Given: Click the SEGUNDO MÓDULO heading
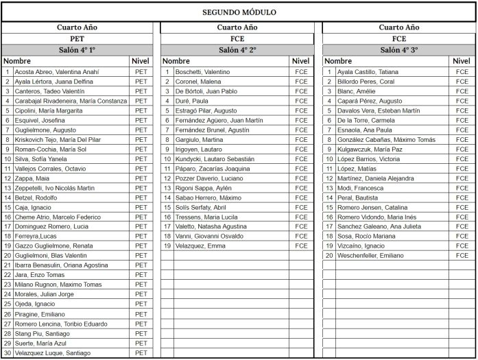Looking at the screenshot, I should [x=239, y=12].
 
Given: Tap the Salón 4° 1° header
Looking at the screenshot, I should [x=77, y=50].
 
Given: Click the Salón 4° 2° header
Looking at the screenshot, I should [x=237, y=50].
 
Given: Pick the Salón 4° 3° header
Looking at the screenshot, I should [x=399, y=50].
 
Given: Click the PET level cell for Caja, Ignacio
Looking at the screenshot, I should [x=141, y=206].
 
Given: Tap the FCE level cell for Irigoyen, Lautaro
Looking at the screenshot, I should [x=301, y=149].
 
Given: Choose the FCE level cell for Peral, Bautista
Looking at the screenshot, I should [x=462, y=197].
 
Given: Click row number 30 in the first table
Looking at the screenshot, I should [x=8, y=352].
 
